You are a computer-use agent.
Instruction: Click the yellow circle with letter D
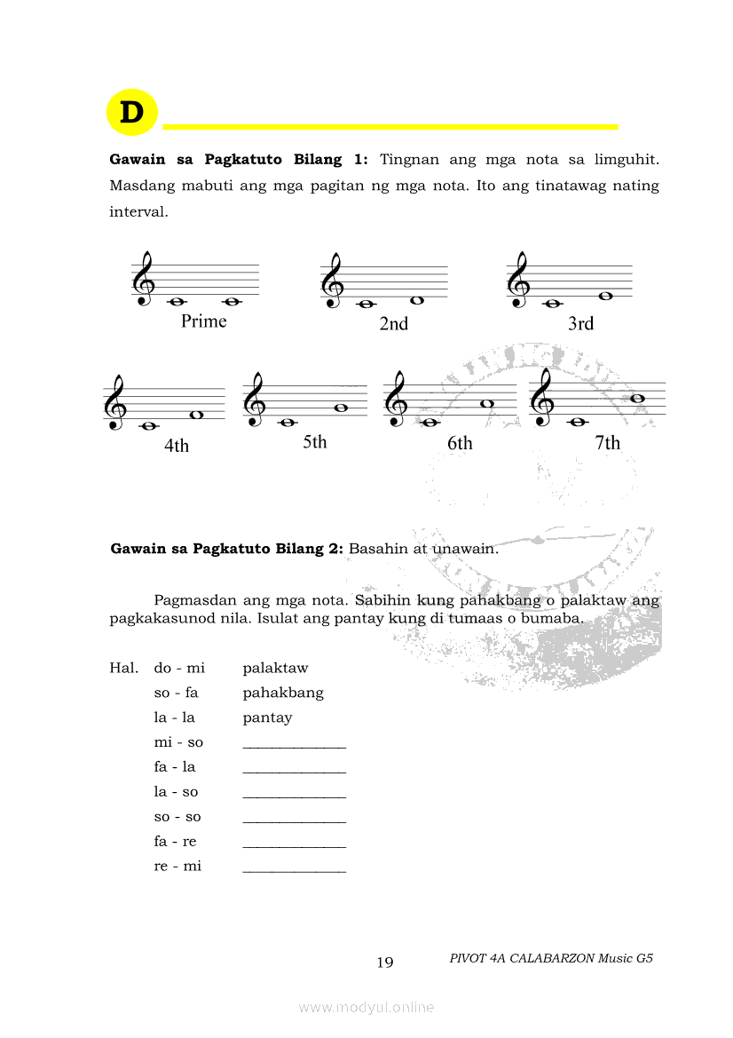pos(131,113)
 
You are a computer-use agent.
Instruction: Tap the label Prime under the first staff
pos(203,321)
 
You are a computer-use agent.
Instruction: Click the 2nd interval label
pos(393,324)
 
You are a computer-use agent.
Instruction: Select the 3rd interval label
pos(580,324)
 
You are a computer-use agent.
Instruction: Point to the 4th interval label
pos(177,446)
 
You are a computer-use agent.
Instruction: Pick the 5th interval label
pos(314,442)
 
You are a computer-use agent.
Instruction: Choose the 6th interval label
pos(460,443)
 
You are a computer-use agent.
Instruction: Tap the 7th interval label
pos(607,443)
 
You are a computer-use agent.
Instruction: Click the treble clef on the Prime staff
pos(143,280)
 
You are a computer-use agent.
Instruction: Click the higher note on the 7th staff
pos(637,398)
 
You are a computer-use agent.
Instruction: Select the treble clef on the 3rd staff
pos(517,280)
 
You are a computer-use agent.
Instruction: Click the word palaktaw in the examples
pos(275,668)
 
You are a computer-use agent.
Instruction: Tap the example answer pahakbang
pos(283,693)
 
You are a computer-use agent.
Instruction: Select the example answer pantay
pos(267,717)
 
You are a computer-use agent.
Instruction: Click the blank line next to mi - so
pos(294,747)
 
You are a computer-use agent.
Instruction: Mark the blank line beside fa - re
pos(294,846)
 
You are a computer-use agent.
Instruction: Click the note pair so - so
pos(177,817)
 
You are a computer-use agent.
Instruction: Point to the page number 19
pos(385,963)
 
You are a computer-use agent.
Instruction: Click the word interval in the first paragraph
pos(138,213)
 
